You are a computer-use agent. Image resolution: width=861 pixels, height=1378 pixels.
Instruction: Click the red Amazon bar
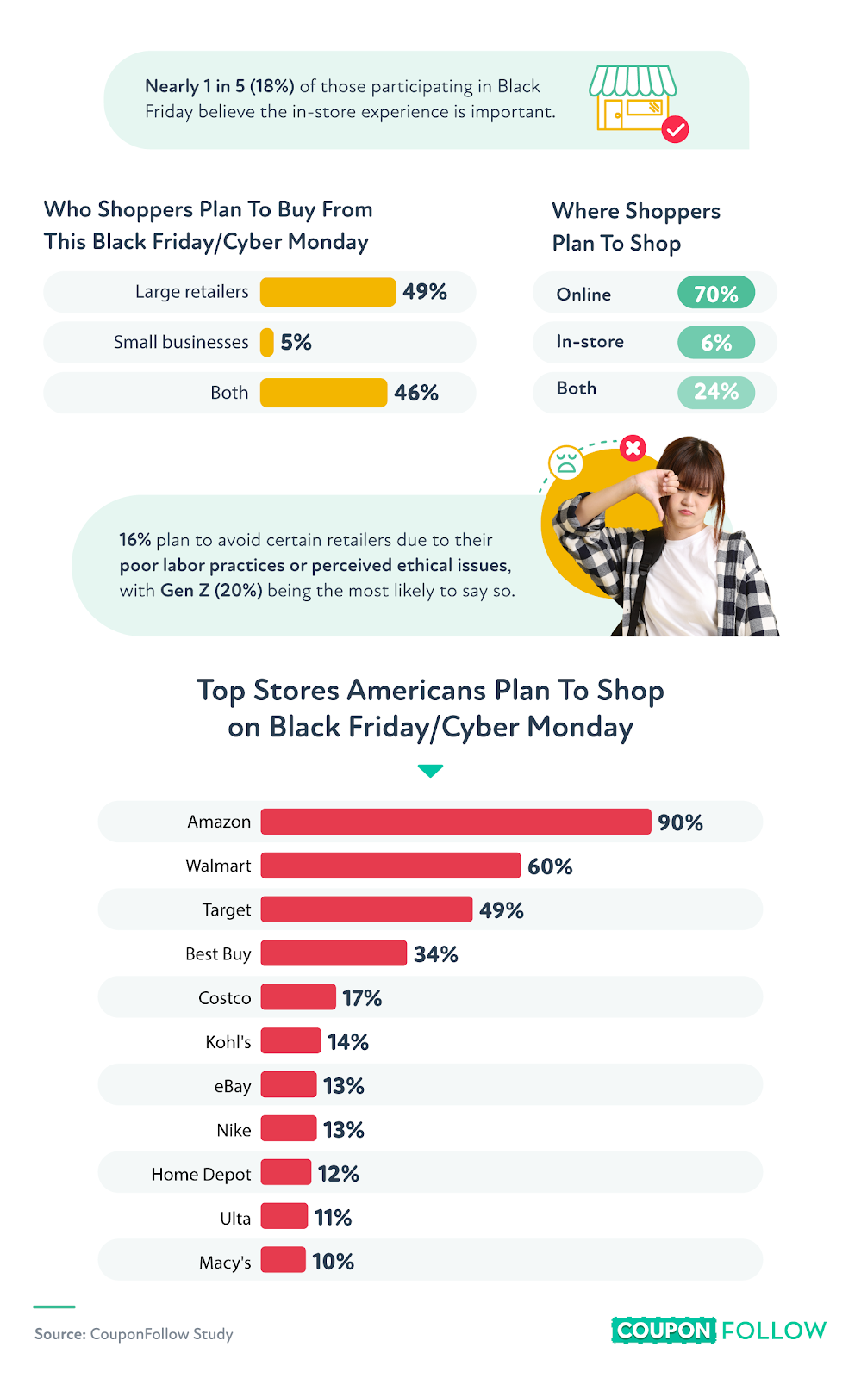pos(455,822)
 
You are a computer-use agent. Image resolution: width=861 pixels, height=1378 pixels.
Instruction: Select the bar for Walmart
pos(390,866)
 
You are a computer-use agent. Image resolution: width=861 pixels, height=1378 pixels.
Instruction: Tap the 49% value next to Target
pos(502,910)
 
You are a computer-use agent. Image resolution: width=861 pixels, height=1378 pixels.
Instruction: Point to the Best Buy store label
pos(218,954)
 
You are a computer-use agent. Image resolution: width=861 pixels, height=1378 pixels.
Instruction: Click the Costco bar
pos(298,997)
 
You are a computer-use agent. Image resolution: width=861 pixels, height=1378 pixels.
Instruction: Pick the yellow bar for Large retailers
pos(328,292)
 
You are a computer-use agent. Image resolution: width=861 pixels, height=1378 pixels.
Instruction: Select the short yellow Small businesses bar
pos(267,342)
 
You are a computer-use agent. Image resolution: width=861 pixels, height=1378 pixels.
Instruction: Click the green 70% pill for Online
pos(715,294)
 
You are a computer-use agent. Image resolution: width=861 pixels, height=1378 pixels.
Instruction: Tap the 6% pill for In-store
pos(715,343)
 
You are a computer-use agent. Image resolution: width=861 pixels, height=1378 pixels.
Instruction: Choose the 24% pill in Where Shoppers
pos(715,392)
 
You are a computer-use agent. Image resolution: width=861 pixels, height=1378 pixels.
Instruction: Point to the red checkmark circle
pos(675,129)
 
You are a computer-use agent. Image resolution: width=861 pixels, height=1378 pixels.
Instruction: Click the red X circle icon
pos(633,448)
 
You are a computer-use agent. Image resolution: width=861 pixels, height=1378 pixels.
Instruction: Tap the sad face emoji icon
pos(566,463)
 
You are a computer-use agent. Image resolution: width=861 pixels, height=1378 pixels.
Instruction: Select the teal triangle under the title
pos(430,771)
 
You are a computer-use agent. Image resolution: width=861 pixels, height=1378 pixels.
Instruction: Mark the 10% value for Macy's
pos(333,1262)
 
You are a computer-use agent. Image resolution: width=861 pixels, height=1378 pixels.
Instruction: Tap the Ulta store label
pos(235,1219)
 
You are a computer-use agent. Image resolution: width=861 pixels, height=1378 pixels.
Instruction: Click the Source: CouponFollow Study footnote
pos(134,1334)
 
